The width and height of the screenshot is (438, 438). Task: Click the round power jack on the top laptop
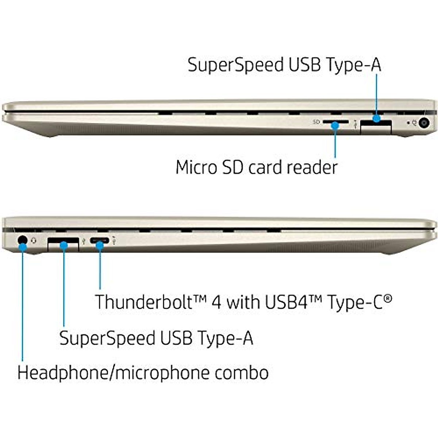[x=424, y=123]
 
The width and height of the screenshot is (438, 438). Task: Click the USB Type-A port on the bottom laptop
[x=63, y=243]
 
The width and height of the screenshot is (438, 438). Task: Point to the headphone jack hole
[x=22, y=240]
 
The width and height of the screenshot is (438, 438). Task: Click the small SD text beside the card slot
[x=316, y=122]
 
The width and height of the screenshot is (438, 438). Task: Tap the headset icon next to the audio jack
[x=34, y=240]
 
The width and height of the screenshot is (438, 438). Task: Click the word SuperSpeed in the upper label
[x=235, y=65]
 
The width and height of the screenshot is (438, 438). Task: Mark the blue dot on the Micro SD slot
[x=335, y=125]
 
